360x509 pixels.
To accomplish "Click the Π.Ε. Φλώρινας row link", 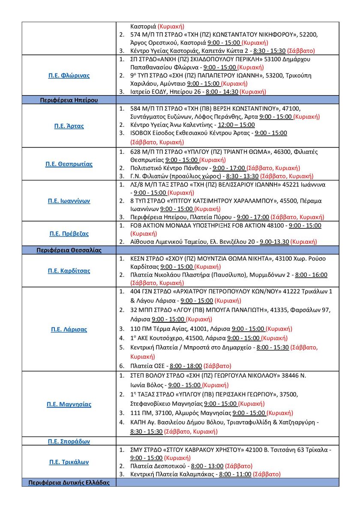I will click(69, 75).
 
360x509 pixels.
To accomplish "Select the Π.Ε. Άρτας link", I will click(69, 126).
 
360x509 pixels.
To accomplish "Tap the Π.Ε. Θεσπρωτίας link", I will click(69, 164).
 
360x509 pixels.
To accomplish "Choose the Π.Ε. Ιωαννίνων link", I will click(69, 201).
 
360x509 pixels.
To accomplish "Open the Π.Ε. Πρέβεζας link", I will click(69, 234).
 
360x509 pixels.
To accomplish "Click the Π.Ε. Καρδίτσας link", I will click(69, 271).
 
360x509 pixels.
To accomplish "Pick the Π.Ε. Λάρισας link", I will click(69, 329).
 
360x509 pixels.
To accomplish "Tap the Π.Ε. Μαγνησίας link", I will click(69, 404).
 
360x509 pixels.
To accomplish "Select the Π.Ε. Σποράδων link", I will click(69, 441).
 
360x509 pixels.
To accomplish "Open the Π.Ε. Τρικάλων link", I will click(69, 462).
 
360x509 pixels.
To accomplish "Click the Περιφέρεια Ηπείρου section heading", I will click(69, 100).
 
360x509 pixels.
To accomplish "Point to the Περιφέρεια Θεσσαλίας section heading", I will click(69, 250).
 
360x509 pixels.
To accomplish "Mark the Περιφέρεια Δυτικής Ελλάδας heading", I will click(69, 482).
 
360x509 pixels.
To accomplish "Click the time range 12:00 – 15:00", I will click(236, 125).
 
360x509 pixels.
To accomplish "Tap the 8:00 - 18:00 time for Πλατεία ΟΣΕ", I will click(186, 366).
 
